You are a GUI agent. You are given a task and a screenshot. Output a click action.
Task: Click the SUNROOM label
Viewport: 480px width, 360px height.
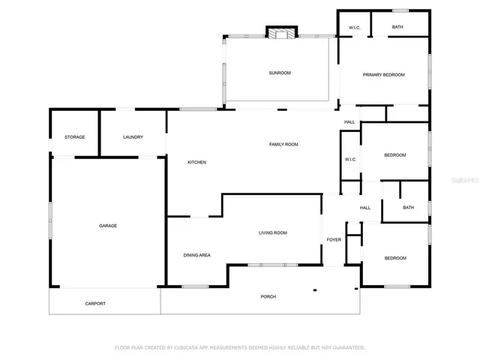[280, 73]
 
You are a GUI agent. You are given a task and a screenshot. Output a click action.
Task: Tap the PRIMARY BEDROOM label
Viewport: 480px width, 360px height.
[383, 74]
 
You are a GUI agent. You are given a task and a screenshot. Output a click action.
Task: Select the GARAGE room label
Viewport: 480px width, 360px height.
[108, 225]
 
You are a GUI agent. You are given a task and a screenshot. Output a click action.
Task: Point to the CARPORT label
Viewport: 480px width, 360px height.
[95, 303]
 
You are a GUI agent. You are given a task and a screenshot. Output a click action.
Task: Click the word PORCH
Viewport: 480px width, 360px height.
[268, 296]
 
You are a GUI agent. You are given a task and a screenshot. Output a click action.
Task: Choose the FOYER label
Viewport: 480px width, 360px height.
[334, 240]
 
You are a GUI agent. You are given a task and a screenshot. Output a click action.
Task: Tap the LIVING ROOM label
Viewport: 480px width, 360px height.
[273, 232]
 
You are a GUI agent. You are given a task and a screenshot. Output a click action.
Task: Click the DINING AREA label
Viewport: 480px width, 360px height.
[196, 255]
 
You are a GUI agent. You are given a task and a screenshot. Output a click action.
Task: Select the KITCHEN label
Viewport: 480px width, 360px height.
[196, 162]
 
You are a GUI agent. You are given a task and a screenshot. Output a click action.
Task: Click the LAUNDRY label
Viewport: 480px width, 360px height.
[133, 136]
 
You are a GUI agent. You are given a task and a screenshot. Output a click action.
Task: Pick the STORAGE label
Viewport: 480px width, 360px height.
[74, 136]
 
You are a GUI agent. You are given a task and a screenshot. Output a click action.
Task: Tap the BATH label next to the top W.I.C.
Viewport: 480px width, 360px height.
[397, 27]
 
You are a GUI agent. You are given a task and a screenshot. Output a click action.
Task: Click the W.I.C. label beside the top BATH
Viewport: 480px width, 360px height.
[355, 28]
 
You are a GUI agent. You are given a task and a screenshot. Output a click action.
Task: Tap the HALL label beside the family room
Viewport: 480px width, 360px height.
[349, 122]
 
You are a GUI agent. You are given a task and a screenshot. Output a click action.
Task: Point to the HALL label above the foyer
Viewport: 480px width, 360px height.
[365, 208]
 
